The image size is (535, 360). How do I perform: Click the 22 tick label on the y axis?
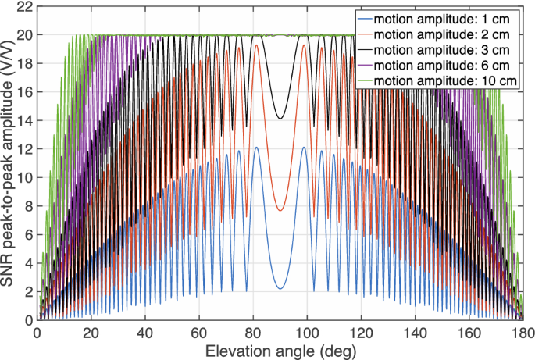click(23, 6)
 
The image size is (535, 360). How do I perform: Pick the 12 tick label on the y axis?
click(23, 148)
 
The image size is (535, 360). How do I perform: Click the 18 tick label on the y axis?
click(23, 63)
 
